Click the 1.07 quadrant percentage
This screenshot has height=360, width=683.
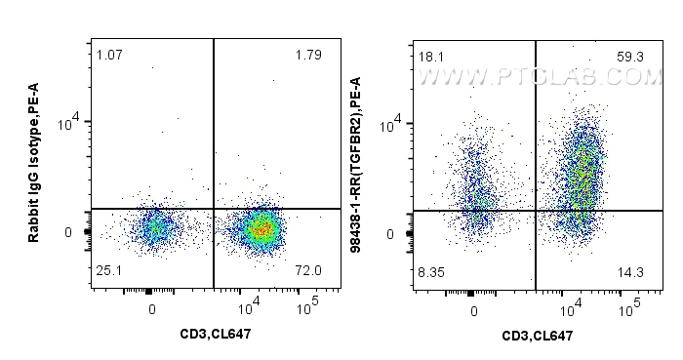tap(108, 55)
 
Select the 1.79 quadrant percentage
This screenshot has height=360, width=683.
tap(307, 55)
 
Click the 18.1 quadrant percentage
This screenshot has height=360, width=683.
tap(429, 58)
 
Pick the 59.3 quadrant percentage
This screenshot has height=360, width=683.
tap(629, 58)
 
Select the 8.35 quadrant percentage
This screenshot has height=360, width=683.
tap(431, 271)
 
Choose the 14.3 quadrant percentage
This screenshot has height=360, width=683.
tap(629, 271)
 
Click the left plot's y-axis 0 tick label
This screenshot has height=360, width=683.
tap(69, 232)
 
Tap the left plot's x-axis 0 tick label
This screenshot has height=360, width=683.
tap(152, 309)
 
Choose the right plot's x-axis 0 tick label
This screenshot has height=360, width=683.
tap(473, 311)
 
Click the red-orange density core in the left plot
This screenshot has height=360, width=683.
tap(261, 230)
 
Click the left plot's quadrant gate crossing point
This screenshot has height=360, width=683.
tap(213, 209)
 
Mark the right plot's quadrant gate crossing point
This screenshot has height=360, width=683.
tap(535, 211)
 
